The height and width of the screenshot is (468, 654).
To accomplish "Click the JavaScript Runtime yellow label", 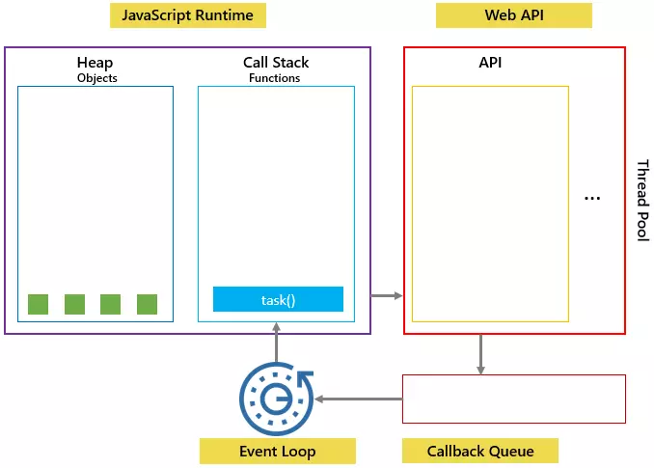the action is tap(188, 15).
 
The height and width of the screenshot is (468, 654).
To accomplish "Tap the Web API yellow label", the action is tap(514, 15).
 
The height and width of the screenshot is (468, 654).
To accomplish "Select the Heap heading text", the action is tap(95, 63).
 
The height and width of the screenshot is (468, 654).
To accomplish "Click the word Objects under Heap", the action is tap(97, 78).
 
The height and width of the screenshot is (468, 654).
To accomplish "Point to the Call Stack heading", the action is tap(276, 63).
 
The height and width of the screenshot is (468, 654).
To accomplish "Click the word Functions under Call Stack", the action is tap(275, 78).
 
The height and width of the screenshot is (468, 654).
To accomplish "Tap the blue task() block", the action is tap(278, 299).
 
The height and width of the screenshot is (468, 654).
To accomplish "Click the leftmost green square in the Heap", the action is tap(38, 304).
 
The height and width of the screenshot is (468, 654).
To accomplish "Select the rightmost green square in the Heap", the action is tap(148, 304).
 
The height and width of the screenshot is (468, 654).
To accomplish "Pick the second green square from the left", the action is tap(74, 304).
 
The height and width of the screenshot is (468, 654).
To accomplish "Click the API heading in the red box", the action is tap(490, 63).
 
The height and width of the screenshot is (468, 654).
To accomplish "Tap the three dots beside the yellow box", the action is tap(592, 198).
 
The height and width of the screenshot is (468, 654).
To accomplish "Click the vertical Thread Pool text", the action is tap(642, 200).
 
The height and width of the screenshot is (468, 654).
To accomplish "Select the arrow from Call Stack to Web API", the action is tap(387, 295).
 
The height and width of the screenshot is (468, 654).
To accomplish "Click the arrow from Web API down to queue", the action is tap(480, 354).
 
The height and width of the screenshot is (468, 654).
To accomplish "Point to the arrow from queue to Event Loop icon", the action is tap(359, 399).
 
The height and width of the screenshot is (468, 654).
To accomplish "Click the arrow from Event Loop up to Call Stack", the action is tap(276, 343).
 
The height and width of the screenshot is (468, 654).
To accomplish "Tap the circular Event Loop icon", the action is tap(276, 399).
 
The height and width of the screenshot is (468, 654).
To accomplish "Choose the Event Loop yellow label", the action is tap(278, 451).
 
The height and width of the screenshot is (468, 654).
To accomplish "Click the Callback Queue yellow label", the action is tap(480, 451).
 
